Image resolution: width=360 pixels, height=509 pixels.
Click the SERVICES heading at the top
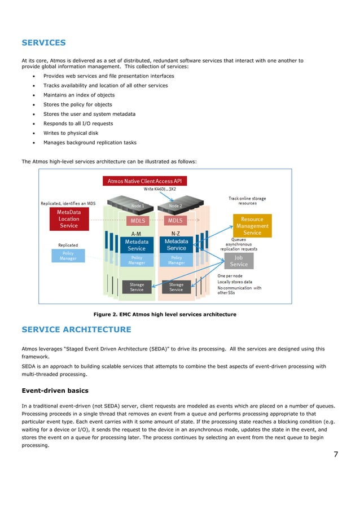[43, 42]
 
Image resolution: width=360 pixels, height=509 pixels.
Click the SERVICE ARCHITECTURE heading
[76, 330]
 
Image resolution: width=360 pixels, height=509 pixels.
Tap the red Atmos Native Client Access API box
[145, 181]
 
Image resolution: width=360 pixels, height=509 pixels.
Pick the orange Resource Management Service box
[252, 225]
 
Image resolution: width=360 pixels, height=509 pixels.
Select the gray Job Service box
[239, 261]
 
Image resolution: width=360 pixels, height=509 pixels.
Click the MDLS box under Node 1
[136, 220]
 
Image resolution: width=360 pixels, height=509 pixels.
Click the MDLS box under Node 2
[176, 220]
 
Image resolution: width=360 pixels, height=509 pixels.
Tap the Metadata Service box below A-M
[136, 244]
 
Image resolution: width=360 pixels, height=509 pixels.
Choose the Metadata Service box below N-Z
[176, 244]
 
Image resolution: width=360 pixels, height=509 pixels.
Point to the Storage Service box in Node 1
[137, 287]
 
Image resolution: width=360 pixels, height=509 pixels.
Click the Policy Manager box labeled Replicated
[68, 256]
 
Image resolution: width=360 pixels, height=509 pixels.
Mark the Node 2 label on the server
[176, 206]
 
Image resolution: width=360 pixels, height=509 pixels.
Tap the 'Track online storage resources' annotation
[247, 201]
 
